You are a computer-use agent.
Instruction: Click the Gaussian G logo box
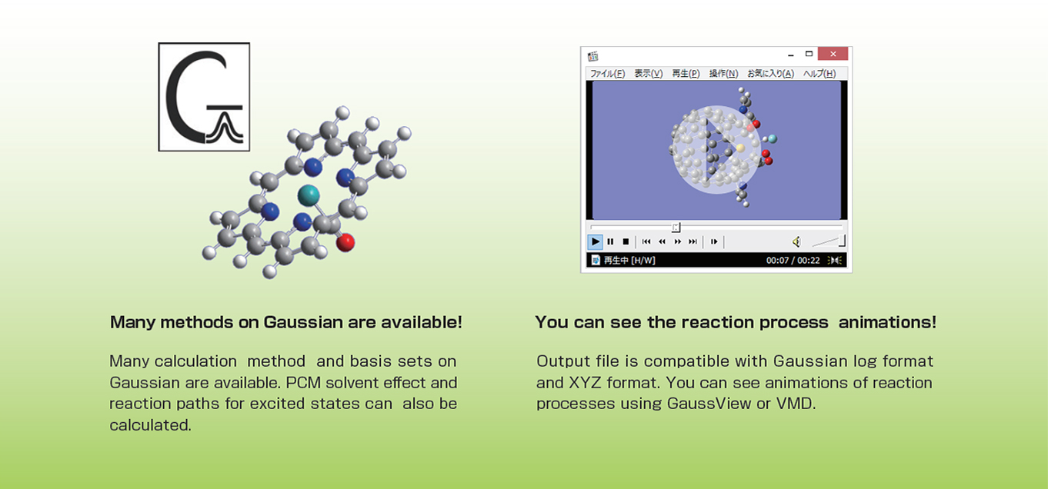pyautogui.click(x=204, y=97)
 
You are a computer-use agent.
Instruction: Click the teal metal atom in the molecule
pyautogui.click(x=309, y=195)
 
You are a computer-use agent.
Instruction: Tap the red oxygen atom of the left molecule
pyautogui.click(x=345, y=243)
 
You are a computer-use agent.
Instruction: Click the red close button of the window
pyautogui.click(x=833, y=54)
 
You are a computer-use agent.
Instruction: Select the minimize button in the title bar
pyautogui.click(x=791, y=55)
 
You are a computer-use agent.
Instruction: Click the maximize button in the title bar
pyautogui.click(x=809, y=54)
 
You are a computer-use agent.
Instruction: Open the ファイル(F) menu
pyautogui.click(x=607, y=73)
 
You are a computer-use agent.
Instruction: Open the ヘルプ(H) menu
pyautogui.click(x=819, y=73)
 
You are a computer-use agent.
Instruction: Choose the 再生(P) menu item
pyautogui.click(x=686, y=73)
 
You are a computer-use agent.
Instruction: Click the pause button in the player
pyautogui.click(x=610, y=241)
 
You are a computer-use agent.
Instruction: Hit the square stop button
pyautogui.click(x=626, y=241)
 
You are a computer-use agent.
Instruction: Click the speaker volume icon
pyautogui.click(x=796, y=241)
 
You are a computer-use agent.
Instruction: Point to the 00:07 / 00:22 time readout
pyautogui.click(x=793, y=261)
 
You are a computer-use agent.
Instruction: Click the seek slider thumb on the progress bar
pyautogui.click(x=676, y=228)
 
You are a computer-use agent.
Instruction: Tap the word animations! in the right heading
pyautogui.click(x=887, y=322)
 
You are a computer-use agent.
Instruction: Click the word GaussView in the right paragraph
pyautogui.click(x=709, y=404)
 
